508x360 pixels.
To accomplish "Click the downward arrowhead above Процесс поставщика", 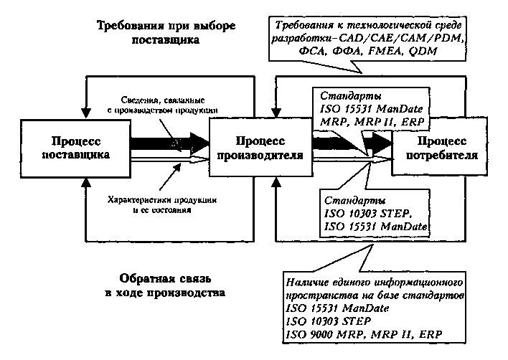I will pyautogui.click(x=85, y=112).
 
